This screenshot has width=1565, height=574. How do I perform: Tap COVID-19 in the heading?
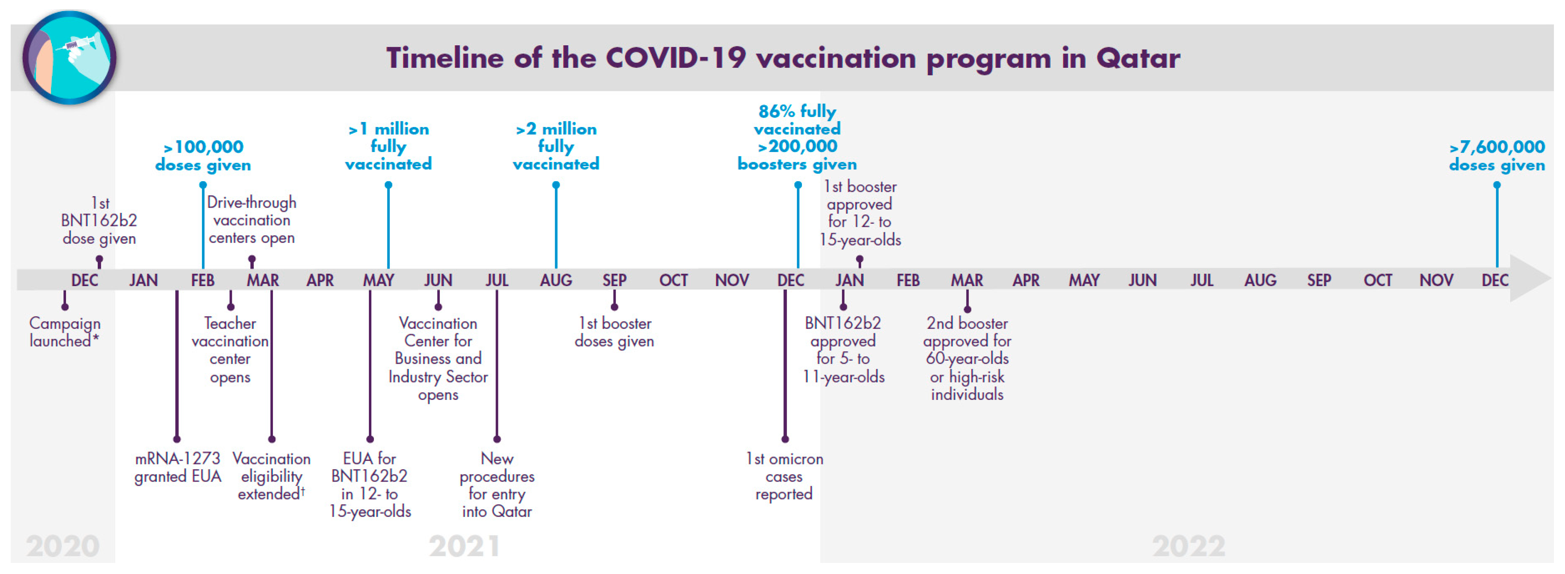[676, 58]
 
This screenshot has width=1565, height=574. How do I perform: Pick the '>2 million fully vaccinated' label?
[556, 146]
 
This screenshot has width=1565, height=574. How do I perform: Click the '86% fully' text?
[797, 112]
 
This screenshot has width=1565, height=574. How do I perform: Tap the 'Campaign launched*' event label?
[65, 332]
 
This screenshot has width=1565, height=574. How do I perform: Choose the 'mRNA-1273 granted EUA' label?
[177, 467]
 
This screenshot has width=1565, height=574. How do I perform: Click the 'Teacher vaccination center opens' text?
[230, 350]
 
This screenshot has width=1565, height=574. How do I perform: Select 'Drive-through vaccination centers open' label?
[251, 220]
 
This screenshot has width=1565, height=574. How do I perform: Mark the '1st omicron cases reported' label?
[784, 476]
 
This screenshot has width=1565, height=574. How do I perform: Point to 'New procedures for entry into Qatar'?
[497, 485]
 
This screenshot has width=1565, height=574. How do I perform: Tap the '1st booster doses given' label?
[614, 332]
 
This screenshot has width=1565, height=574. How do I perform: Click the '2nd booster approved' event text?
[967, 359]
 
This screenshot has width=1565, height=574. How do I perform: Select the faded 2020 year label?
[62, 545]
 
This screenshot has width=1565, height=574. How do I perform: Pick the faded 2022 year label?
[1188, 545]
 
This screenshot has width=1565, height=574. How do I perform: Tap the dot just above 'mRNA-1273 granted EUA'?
[177, 438]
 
